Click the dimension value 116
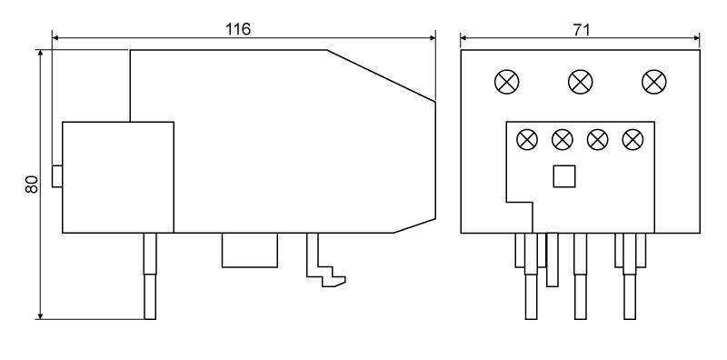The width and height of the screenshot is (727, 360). [x=238, y=29]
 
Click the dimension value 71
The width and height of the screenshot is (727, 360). [x=582, y=30]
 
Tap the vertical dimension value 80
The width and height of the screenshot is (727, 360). [x=31, y=185]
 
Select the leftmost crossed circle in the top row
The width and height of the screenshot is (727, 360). [x=507, y=82]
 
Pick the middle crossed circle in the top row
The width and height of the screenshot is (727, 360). [x=581, y=82]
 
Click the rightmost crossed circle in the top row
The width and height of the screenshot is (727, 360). [x=654, y=82]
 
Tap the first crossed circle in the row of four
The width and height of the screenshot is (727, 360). [x=527, y=140]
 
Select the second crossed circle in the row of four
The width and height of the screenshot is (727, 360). [x=563, y=140]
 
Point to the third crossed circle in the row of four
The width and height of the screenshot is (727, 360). [x=598, y=140]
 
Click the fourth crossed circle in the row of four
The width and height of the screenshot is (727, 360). [x=632, y=140]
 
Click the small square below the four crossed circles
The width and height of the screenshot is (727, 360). [x=564, y=176]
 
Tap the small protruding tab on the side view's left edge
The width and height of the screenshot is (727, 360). [x=57, y=176]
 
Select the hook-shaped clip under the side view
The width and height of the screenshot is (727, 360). [x=324, y=260]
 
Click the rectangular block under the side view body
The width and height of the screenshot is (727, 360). [x=250, y=250]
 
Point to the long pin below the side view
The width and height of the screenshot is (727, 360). [x=150, y=276]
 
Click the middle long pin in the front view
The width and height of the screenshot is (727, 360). [x=581, y=276]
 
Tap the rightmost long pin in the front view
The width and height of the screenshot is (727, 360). [x=630, y=276]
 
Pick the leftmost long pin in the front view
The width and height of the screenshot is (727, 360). [x=532, y=276]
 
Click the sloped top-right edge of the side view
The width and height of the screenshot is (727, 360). [x=381, y=75]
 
